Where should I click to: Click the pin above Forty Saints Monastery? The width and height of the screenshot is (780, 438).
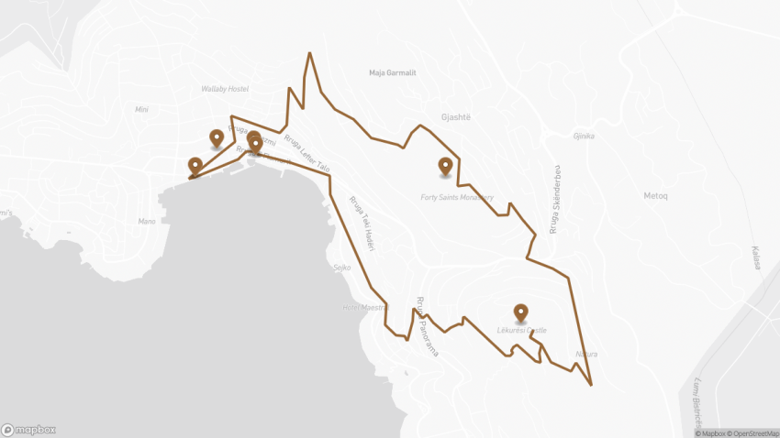(x=445, y=166)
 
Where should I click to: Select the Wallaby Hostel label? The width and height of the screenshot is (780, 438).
(x=225, y=89)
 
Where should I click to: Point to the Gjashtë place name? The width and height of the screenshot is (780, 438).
(x=456, y=118)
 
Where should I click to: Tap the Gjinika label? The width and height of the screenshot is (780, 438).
(x=584, y=137)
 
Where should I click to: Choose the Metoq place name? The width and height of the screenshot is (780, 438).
(x=656, y=195)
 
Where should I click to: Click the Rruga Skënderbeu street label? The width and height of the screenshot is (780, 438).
(x=554, y=201)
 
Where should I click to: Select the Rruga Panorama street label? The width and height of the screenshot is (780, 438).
(x=427, y=325)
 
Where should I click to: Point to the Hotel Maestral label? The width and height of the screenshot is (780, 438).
(x=364, y=307)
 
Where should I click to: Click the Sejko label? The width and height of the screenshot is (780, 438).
(x=342, y=268)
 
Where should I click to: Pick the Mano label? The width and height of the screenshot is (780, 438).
(x=146, y=221)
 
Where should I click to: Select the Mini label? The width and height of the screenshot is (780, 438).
(x=141, y=109)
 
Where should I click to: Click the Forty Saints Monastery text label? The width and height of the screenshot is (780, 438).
(x=457, y=197)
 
